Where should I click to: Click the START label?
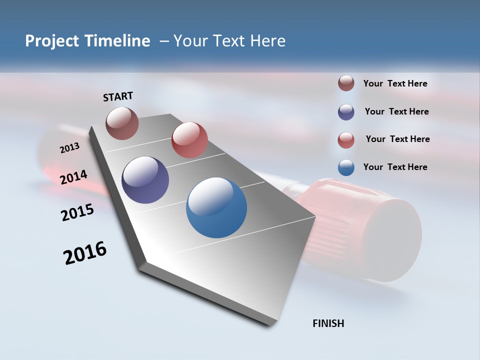tap(118, 96)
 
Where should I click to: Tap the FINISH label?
tap(328, 323)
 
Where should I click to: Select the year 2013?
tap(69, 147)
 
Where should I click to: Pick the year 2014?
tap(74, 177)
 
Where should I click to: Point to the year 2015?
tap(77, 212)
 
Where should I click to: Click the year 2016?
tap(85, 253)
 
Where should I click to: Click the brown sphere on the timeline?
tap(122, 123)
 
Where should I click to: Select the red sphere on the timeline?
tap(189, 140)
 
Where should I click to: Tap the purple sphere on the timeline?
tap(145, 180)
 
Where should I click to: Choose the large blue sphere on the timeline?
tap(216, 207)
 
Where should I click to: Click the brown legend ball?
tap(346, 83)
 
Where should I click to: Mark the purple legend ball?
tap(346, 112)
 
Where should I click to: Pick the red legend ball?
tap(346, 140)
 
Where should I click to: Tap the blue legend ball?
tap(346, 167)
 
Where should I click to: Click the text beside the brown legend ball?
tap(395, 83)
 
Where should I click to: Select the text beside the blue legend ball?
tap(395, 167)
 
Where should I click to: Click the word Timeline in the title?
tap(117, 41)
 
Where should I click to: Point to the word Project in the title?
tap(51, 41)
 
